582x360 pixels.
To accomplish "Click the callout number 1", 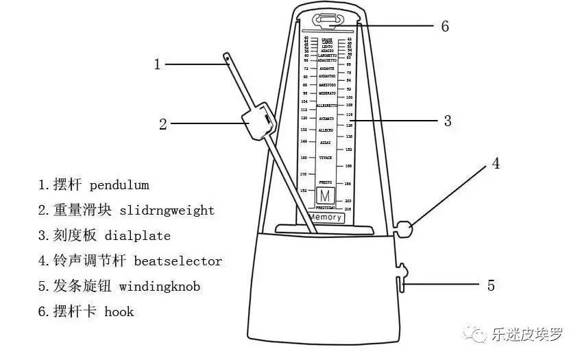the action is (157, 64).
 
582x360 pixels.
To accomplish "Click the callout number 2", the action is (163, 124).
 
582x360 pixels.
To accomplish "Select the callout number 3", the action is (448, 121).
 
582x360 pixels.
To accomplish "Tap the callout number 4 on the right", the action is (496, 163).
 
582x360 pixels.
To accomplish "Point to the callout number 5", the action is (491, 285).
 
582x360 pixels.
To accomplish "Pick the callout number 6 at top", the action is (445, 27).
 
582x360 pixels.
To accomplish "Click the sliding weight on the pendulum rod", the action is (257, 122).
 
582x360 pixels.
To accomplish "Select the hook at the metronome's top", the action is (326, 21).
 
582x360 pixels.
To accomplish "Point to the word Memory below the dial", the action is (325, 217).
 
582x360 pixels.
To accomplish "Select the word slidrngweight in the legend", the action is (167, 211).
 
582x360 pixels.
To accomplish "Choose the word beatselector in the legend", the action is (178, 261).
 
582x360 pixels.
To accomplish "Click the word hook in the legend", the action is (119, 311).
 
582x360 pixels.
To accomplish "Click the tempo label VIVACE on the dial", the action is (326, 158).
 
